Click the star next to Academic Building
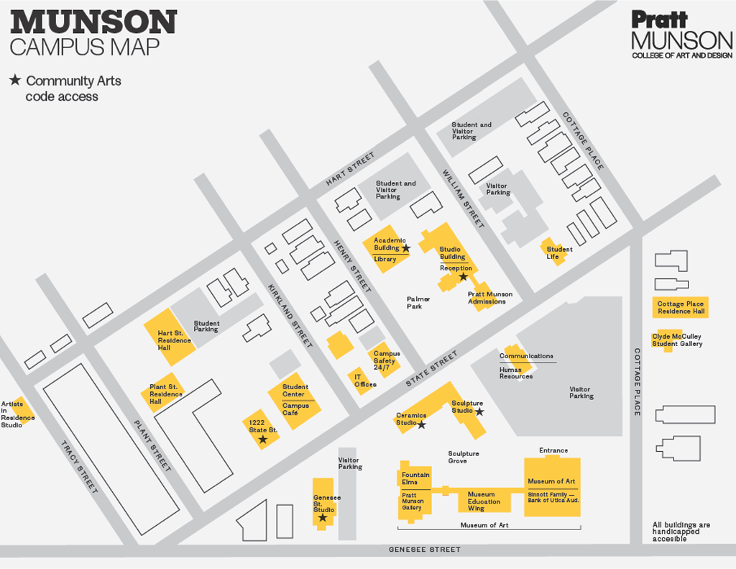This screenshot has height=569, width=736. [x=406, y=247]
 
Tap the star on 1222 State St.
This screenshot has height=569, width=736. [x=263, y=439]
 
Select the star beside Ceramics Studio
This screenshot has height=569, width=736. [x=422, y=424]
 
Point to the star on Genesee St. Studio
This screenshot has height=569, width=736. [x=323, y=517]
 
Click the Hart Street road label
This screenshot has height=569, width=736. [x=350, y=168]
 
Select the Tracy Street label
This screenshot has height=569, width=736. [x=78, y=467]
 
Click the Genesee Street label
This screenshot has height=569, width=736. [x=424, y=550]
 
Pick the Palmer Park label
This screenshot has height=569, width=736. [x=418, y=303]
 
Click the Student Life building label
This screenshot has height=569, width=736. [x=558, y=252]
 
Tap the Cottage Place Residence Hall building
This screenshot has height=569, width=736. [x=680, y=307]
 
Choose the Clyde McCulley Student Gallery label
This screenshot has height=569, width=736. [x=676, y=340]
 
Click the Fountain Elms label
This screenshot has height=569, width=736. [x=415, y=478]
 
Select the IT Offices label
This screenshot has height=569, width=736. [x=364, y=381]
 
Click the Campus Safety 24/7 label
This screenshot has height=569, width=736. [x=386, y=360]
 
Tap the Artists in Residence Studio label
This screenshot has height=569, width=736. [x=17, y=414]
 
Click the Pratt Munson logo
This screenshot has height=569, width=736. [x=681, y=34]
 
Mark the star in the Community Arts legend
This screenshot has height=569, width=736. [x=15, y=81]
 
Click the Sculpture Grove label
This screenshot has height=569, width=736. [x=463, y=458]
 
